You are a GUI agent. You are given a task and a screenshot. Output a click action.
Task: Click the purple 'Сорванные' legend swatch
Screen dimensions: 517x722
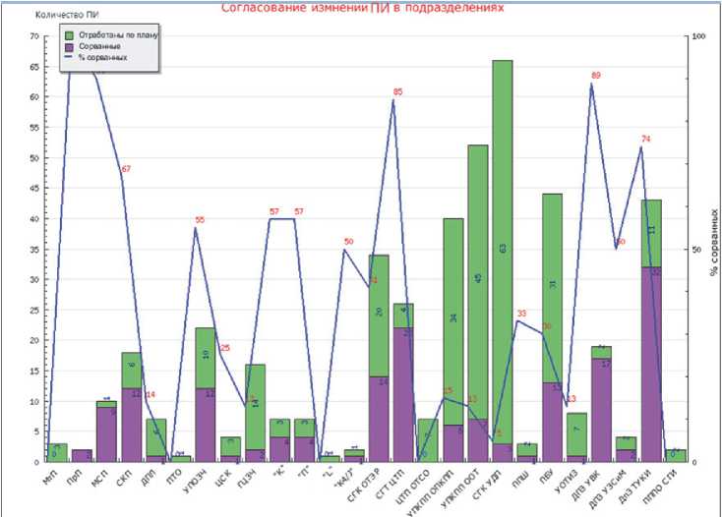[x=69, y=46]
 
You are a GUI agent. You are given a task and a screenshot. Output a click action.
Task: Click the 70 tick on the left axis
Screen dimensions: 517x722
[x=33, y=37]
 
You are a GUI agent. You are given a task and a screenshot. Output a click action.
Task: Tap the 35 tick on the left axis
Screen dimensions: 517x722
[x=33, y=250]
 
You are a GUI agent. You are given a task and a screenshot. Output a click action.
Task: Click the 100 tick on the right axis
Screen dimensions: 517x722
[x=700, y=37]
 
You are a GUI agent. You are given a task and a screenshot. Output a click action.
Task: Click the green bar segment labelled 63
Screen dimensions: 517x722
[x=503, y=251]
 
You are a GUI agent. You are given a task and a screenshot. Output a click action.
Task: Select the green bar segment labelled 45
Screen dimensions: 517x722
[x=478, y=280]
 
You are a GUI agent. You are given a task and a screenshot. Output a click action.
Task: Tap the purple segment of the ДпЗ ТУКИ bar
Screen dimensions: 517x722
[x=651, y=364]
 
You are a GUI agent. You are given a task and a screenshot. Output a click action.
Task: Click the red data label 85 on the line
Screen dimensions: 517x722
[x=397, y=92]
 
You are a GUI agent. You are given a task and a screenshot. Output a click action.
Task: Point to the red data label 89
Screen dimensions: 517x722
[x=596, y=76]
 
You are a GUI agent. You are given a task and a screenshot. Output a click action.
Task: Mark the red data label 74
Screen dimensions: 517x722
[x=646, y=139]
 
